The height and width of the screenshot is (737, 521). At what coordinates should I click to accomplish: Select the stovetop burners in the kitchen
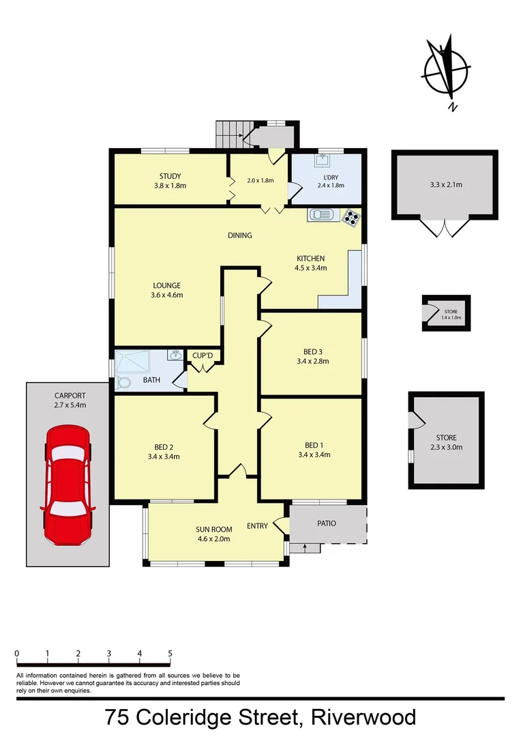point(351,217)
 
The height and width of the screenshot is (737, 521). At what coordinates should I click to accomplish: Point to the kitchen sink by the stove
point(319,215)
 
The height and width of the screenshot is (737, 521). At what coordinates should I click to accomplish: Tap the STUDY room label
point(170,177)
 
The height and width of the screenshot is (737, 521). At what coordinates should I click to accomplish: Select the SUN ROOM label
point(214,530)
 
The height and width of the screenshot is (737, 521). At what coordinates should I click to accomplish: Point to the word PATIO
point(327,523)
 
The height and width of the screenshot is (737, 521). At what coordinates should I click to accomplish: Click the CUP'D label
point(203,356)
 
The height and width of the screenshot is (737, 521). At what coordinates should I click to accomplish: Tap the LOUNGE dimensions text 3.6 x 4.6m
point(167,295)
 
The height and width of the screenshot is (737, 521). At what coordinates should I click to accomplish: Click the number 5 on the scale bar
point(170,654)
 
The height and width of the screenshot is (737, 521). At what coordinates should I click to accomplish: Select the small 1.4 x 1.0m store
point(447,314)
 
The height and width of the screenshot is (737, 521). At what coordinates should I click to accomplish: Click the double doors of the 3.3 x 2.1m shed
point(443,228)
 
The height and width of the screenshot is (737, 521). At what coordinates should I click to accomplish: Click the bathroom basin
point(175,356)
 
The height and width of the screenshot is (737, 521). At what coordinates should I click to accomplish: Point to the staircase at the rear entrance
point(229,134)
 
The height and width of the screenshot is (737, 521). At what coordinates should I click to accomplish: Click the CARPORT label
point(70,396)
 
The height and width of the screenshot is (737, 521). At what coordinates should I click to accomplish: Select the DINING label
point(240,235)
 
